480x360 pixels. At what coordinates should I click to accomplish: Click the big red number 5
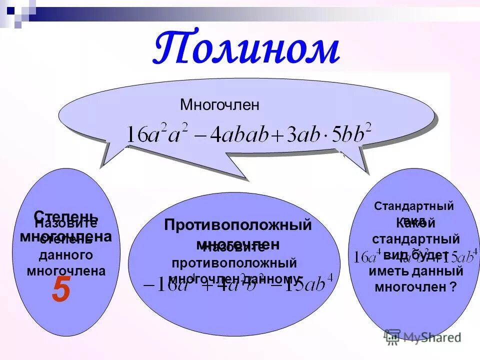60,291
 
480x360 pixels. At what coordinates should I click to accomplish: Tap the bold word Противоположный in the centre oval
237,225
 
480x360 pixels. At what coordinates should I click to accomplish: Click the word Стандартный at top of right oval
414,206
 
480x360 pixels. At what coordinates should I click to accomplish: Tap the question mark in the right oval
453,287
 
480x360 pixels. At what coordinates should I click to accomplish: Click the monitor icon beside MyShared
393,336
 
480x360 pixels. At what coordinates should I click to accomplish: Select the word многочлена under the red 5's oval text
66,271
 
